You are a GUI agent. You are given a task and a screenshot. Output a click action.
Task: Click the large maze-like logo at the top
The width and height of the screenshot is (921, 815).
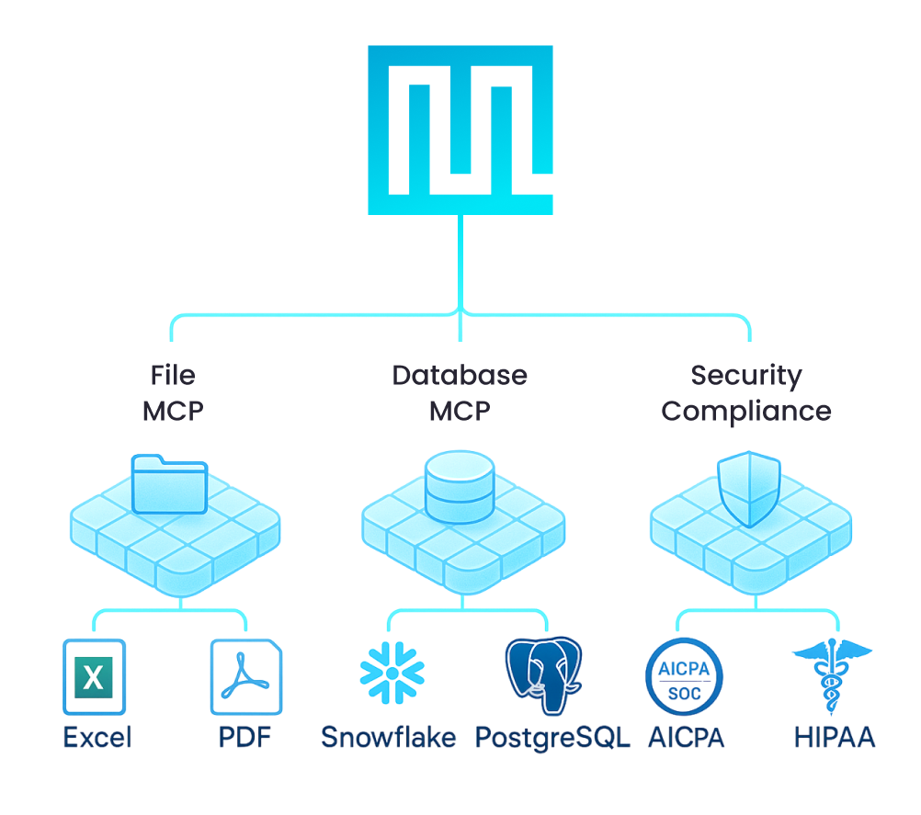coord(460,130)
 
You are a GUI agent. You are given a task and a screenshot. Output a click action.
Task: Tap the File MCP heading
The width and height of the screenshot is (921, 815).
coord(173,392)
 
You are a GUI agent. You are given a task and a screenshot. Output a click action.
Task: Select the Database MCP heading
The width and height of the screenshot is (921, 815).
coord(460,392)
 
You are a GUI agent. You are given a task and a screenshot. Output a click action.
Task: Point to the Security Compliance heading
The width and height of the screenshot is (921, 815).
coord(746,392)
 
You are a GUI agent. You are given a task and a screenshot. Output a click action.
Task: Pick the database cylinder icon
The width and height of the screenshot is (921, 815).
coord(460,488)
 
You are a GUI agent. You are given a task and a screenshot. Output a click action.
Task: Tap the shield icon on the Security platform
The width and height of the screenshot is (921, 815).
coord(748,487)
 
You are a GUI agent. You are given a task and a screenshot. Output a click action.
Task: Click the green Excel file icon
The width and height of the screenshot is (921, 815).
coord(94,678)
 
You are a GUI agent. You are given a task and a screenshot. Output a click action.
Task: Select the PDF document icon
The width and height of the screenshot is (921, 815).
coord(246,678)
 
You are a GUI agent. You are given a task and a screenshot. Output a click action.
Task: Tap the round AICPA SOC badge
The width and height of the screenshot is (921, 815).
coord(684,678)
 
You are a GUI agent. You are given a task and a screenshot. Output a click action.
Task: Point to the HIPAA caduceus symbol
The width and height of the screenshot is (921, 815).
coord(832,676)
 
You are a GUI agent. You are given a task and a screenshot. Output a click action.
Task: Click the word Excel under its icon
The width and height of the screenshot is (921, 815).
coord(97,737)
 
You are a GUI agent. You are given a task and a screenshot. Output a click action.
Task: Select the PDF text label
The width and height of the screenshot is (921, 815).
coord(245,737)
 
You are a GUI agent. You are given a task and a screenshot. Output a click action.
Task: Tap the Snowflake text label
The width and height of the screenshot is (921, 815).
coord(389,737)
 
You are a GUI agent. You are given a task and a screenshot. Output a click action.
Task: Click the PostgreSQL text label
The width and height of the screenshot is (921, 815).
coord(553,737)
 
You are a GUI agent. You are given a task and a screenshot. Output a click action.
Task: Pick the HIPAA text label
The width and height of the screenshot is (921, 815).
coord(834,737)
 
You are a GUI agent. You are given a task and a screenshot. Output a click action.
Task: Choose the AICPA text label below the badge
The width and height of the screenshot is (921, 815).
coord(686,737)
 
